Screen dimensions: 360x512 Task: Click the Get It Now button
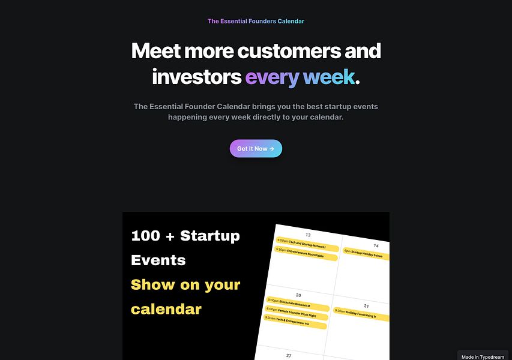click(256, 149)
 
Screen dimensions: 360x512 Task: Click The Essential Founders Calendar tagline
click(256, 21)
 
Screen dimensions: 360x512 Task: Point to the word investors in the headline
click(196, 77)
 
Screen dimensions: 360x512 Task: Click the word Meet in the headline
click(155, 51)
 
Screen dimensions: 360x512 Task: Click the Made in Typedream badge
click(483, 356)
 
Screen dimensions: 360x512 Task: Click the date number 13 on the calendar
click(308, 235)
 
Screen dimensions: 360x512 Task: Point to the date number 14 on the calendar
click(376, 245)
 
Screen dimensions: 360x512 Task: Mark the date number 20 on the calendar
click(298, 295)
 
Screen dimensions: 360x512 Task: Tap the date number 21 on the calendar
click(366, 306)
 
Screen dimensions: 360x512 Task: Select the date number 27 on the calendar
click(289, 355)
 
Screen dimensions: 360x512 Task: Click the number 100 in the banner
click(145, 236)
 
